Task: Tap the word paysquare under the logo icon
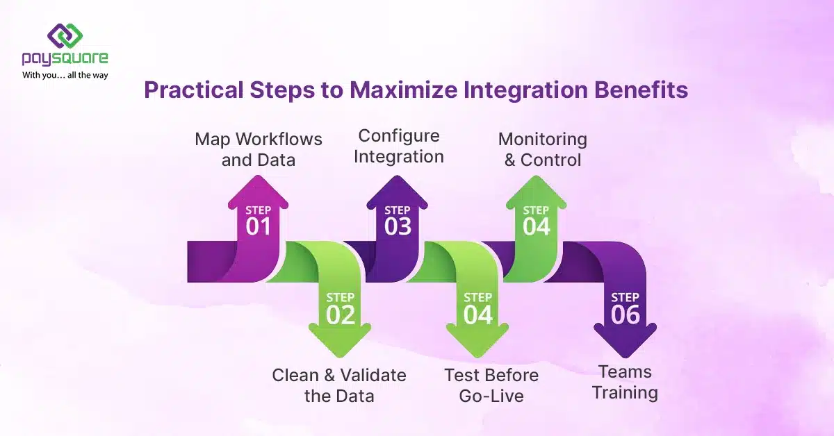click(x=65, y=59)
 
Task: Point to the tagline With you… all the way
click(x=65, y=74)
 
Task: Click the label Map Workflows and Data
click(x=259, y=149)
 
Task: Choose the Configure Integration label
click(x=399, y=146)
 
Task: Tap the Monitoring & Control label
click(x=543, y=149)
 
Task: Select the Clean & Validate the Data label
click(x=339, y=385)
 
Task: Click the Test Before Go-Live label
click(x=491, y=385)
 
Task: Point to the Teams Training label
click(x=624, y=382)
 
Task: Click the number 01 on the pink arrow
click(x=258, y=226)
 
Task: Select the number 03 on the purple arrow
click(x=398, y=226)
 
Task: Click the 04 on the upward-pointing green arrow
click(x=536, y=226)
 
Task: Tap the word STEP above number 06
click(x=625, y=297)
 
